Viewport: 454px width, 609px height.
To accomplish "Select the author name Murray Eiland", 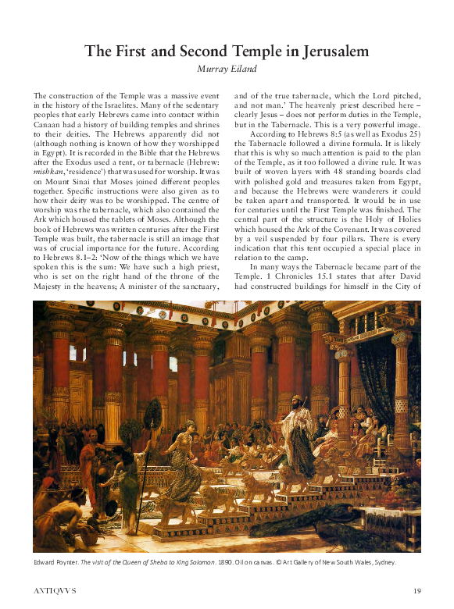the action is [x=226, y=70].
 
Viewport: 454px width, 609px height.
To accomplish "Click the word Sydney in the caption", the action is [x=381, y=562].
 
